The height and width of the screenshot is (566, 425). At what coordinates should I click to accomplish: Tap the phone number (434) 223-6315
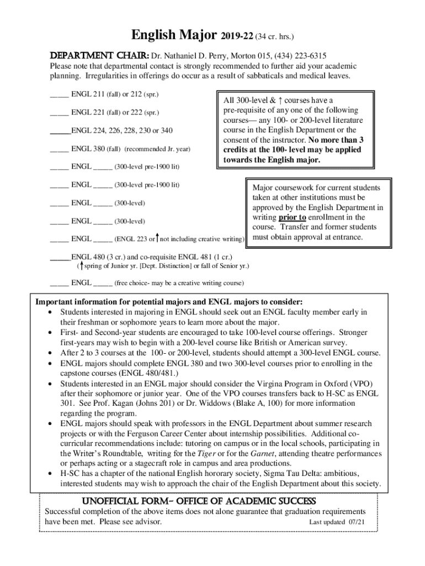[299, 56]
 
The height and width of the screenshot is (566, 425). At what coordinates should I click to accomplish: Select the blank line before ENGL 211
[59, 95]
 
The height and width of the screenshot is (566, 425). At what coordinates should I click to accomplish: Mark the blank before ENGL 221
[59, 113]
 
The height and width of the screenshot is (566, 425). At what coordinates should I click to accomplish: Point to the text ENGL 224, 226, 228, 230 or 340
[122, 131]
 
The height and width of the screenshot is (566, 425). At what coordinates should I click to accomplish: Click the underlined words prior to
[292, 217]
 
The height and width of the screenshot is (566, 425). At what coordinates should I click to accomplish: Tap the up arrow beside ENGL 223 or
[158, 238]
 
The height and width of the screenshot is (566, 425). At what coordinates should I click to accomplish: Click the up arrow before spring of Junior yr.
[81, 266]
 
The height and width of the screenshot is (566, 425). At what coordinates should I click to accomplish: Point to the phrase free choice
[135, 284]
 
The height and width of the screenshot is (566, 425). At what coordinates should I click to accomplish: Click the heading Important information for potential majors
[169, 302]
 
